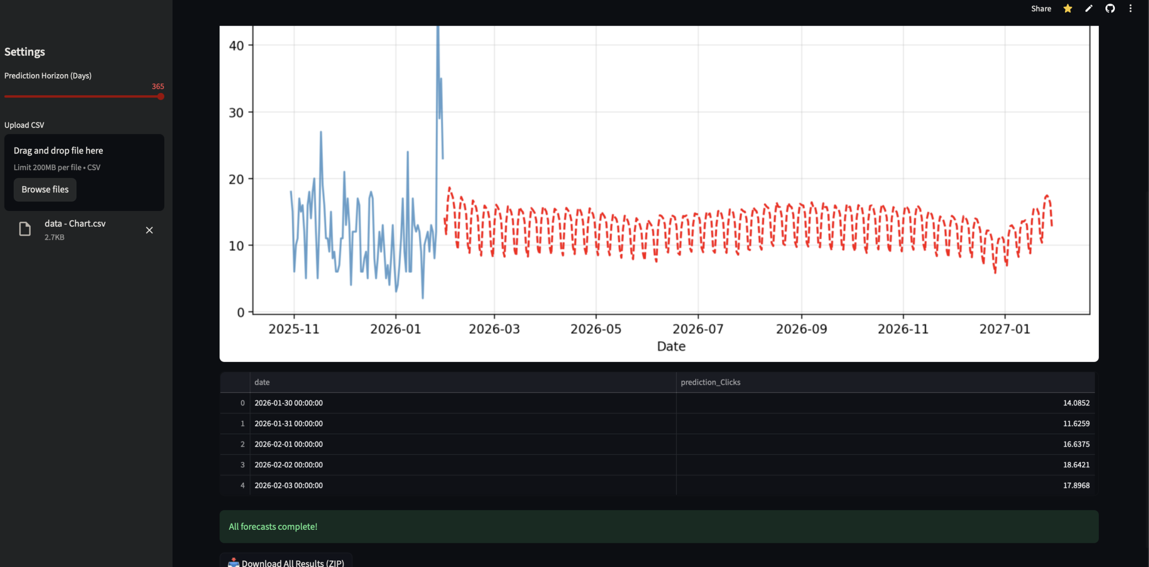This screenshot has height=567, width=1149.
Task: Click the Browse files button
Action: pos(45,189)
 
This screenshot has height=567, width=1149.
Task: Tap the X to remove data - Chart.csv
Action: pos(149,230)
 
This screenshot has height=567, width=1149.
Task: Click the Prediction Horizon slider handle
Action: pos(161,97)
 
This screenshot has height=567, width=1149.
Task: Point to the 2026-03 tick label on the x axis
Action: pos(494,329)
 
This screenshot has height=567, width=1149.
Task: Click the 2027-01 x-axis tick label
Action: pos(1004,329)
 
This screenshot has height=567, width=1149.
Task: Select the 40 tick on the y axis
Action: pos(237,46)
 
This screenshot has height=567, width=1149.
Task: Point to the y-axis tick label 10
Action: pos(237,246)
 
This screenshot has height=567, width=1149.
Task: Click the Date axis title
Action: pos(671,347)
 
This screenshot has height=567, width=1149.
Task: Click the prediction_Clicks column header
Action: pos(710,382)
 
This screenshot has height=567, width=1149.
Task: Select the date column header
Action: pos(262,382)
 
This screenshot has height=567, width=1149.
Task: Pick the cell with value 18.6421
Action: pos(1076,465)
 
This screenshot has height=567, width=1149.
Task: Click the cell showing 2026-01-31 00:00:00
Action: pos(289,423)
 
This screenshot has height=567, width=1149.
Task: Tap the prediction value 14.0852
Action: pos(1076,403)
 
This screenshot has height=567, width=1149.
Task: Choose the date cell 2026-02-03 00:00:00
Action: pos(289,485)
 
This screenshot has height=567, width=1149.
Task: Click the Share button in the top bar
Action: pos(1041,9)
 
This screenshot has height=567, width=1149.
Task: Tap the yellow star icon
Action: pos(1068,9)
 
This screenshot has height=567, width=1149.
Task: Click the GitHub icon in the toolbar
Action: pos(1110,9)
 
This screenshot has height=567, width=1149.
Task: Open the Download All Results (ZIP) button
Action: pos(286,563)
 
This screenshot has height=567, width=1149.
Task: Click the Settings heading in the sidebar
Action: pos(25,52)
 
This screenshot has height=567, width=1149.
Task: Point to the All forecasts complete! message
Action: pos(273,527)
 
